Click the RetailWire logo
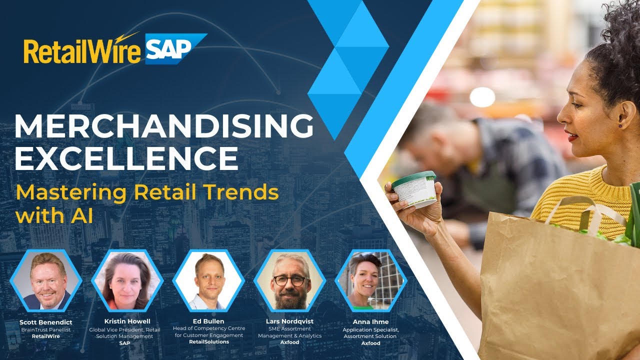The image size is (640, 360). (82, 50)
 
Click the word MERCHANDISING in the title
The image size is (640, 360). (163, 127)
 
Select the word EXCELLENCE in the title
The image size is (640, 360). (126, 159)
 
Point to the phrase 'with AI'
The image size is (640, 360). (54, 216)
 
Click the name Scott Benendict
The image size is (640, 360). (46, 322)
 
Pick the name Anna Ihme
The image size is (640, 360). (370, 322)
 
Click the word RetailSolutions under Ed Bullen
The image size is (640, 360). (208, 342)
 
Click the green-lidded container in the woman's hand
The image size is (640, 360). (414, 188)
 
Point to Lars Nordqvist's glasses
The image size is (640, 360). (289, 280)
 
